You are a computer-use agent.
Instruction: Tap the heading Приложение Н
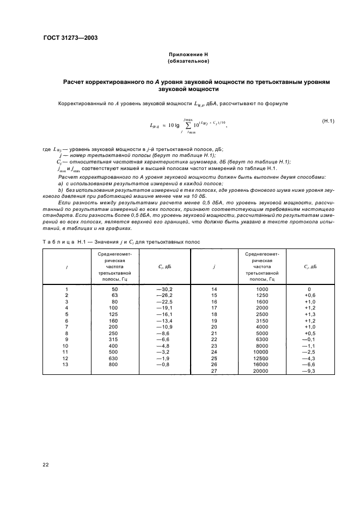click(188, 55)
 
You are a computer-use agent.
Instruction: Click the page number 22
click(46, 464)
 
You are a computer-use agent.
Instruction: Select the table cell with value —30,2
click(164, 289)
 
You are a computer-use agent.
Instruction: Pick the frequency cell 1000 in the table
click(262, 289)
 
